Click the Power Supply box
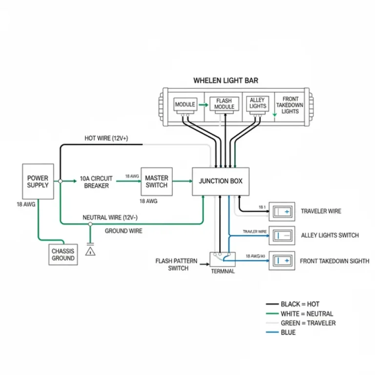[x=38, y=181]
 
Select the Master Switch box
[x=156, y=181]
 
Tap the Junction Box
[x=221, y=181]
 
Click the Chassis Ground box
[x=63, y=254]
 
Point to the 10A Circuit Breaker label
[x=96, y=182]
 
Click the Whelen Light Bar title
[x=226, y=80]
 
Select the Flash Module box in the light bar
[x=225, y=104]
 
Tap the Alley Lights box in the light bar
[x=257, y=103]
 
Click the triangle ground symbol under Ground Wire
[x=90, y=251]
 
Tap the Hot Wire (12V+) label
[x=106, y=139]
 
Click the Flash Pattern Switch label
[x=176, y=265]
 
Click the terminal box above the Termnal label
[x=222, y=259]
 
